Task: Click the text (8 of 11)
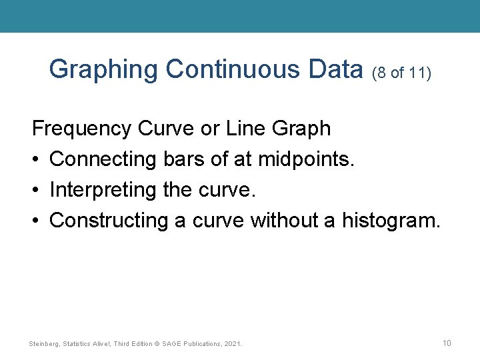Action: (x=402, y=71)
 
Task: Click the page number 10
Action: (x=447, y=343)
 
